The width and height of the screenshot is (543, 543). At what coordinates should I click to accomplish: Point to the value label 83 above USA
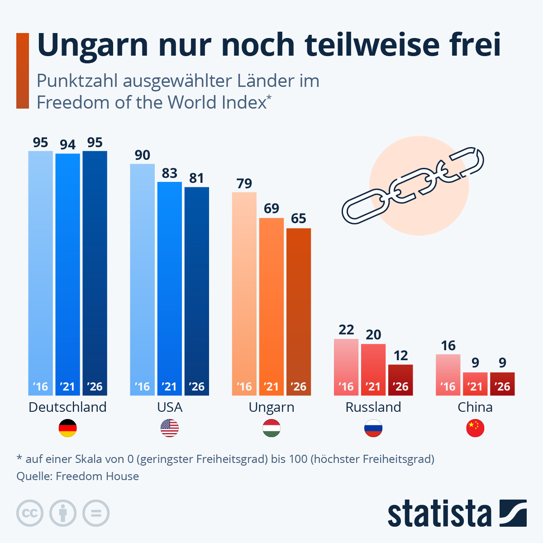pos(170,173)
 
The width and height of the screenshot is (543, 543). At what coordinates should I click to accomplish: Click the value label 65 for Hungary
pos(299,219)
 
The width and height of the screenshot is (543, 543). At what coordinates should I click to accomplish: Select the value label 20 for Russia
pos(373,335)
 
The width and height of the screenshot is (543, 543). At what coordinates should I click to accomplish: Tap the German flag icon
pos(67,428)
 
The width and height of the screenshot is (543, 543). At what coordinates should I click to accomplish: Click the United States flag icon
pos(170,428)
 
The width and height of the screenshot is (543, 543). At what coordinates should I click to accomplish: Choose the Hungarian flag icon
pos(271,428)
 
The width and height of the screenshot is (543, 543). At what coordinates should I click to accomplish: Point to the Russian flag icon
pos(373,428)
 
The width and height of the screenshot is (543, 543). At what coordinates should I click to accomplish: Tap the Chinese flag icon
pos(475,428)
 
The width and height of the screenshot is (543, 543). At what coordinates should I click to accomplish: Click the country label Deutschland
pos(67,407)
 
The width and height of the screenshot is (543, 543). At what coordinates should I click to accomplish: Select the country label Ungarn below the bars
pos(271,407)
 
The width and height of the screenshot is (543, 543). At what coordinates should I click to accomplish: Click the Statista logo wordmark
pos(439,514)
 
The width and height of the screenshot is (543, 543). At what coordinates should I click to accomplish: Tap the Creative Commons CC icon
pos(30,514)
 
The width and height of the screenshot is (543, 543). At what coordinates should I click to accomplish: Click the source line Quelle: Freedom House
pos(78,476)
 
